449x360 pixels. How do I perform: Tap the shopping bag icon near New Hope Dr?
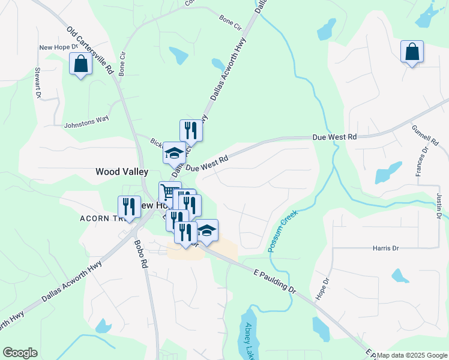(80, 64)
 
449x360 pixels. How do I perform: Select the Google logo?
(20, 353)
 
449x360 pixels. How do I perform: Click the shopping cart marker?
(169, 191)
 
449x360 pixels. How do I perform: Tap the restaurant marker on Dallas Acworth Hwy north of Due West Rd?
(191, 129)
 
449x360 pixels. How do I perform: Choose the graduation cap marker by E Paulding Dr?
(206, 230)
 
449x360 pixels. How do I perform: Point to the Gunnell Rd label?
(423, 137)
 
